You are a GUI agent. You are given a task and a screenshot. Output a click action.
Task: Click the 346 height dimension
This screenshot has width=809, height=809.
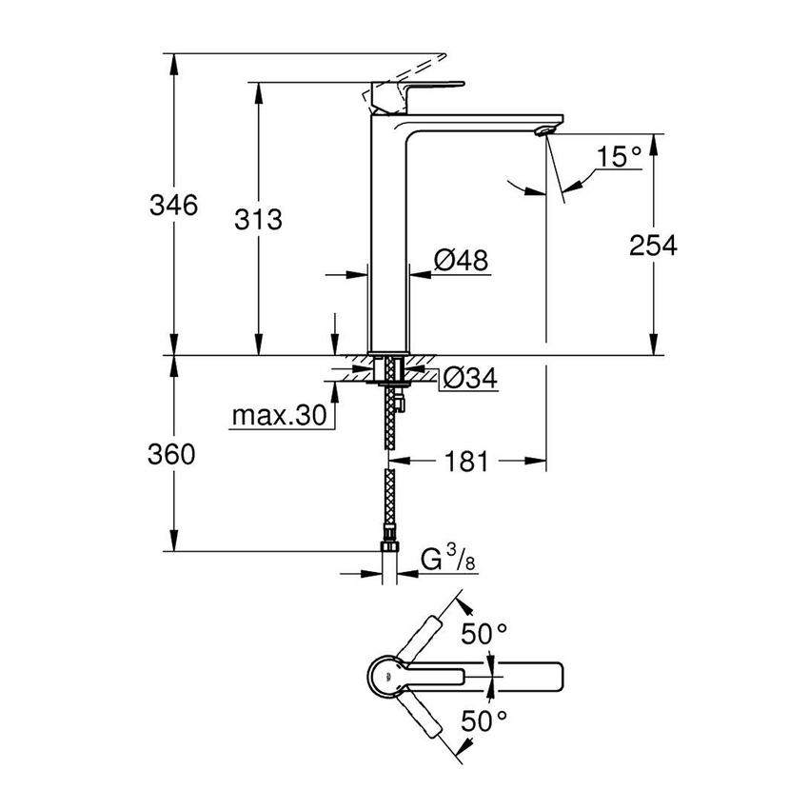pos(173,206)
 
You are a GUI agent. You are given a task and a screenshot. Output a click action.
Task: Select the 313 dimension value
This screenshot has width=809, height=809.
pos(259,220)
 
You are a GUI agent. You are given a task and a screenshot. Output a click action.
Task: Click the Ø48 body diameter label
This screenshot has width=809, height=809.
pos(462,260)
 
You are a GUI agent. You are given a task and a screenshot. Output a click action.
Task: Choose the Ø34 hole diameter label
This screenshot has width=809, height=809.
pos(470,379)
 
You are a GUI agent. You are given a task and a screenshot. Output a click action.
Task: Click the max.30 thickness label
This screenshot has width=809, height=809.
pos(279,416)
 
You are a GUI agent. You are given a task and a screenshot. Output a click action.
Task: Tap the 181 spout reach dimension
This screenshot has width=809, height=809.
pos(464,463)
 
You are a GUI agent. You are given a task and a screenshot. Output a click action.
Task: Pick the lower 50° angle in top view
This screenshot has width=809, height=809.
pos(484,721)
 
